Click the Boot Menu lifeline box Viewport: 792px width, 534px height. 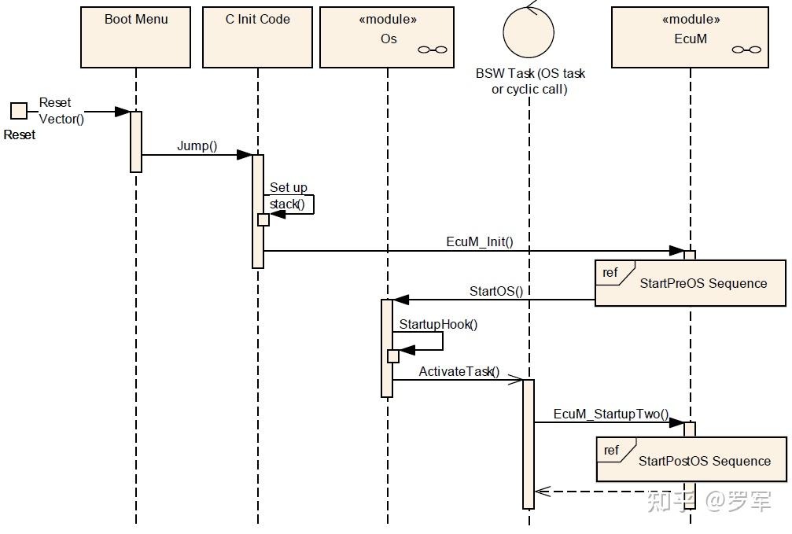[x=135, y=37]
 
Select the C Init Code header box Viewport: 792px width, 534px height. [x=257, y=37]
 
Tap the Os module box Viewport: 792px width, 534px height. [x=387, y=37]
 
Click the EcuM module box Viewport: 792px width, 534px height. [x=690, y=37]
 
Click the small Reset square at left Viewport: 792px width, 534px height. [x=18, y=111]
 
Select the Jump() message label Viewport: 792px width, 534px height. [x=197, y=145]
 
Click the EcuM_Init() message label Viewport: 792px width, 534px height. [x=479, y=241]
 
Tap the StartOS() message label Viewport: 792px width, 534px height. [x=495, y=291]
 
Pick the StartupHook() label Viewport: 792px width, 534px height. [x=438, y=324]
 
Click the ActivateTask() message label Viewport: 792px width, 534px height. [x=459, y=371]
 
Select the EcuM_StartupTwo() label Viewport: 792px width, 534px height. [x=610, y=414]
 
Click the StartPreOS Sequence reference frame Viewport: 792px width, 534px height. [x=690, y=283]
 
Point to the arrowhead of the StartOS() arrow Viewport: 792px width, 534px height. [x=401, y=300]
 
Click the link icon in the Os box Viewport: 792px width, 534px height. [x=432, y=50]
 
